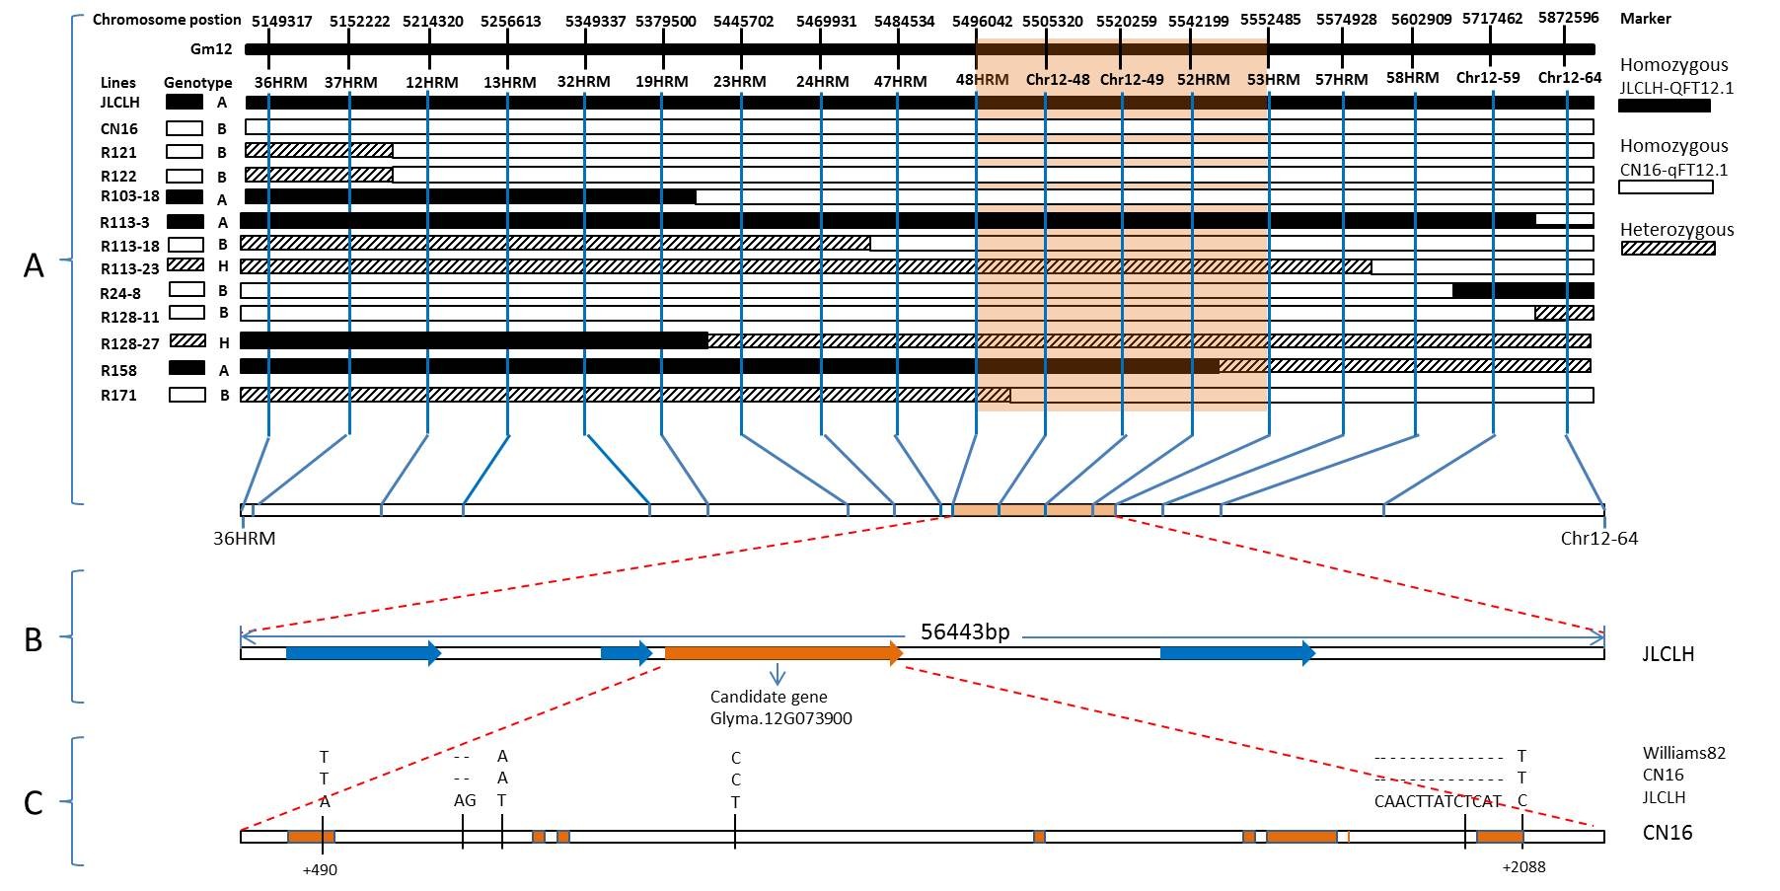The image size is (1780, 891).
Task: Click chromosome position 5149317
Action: click(281, 21)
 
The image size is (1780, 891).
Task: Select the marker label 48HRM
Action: click(982, 80)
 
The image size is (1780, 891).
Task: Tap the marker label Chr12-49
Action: click(1131, 80)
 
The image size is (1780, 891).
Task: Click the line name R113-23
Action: click(129, 268)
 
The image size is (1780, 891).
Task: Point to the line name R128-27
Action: click(129, 344)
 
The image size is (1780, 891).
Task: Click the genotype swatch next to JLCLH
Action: click(185, 102)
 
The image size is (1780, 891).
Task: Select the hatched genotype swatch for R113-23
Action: click(185, 264)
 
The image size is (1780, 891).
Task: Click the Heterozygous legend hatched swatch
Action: click(1668, 249)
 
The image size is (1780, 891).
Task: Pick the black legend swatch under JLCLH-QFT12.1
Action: click(1665, 106)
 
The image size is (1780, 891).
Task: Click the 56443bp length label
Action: click(964, 631)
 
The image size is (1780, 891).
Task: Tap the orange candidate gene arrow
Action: click(783, 653)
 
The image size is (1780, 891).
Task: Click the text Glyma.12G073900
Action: click(780, 718)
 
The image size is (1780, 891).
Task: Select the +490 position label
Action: click(321, 869)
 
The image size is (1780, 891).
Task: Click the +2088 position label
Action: click(1523, 867)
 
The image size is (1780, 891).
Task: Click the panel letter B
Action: click(34, 639)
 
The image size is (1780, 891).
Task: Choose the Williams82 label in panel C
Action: click(1683, 753)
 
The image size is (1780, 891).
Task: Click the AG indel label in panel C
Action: click(465, 800)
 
